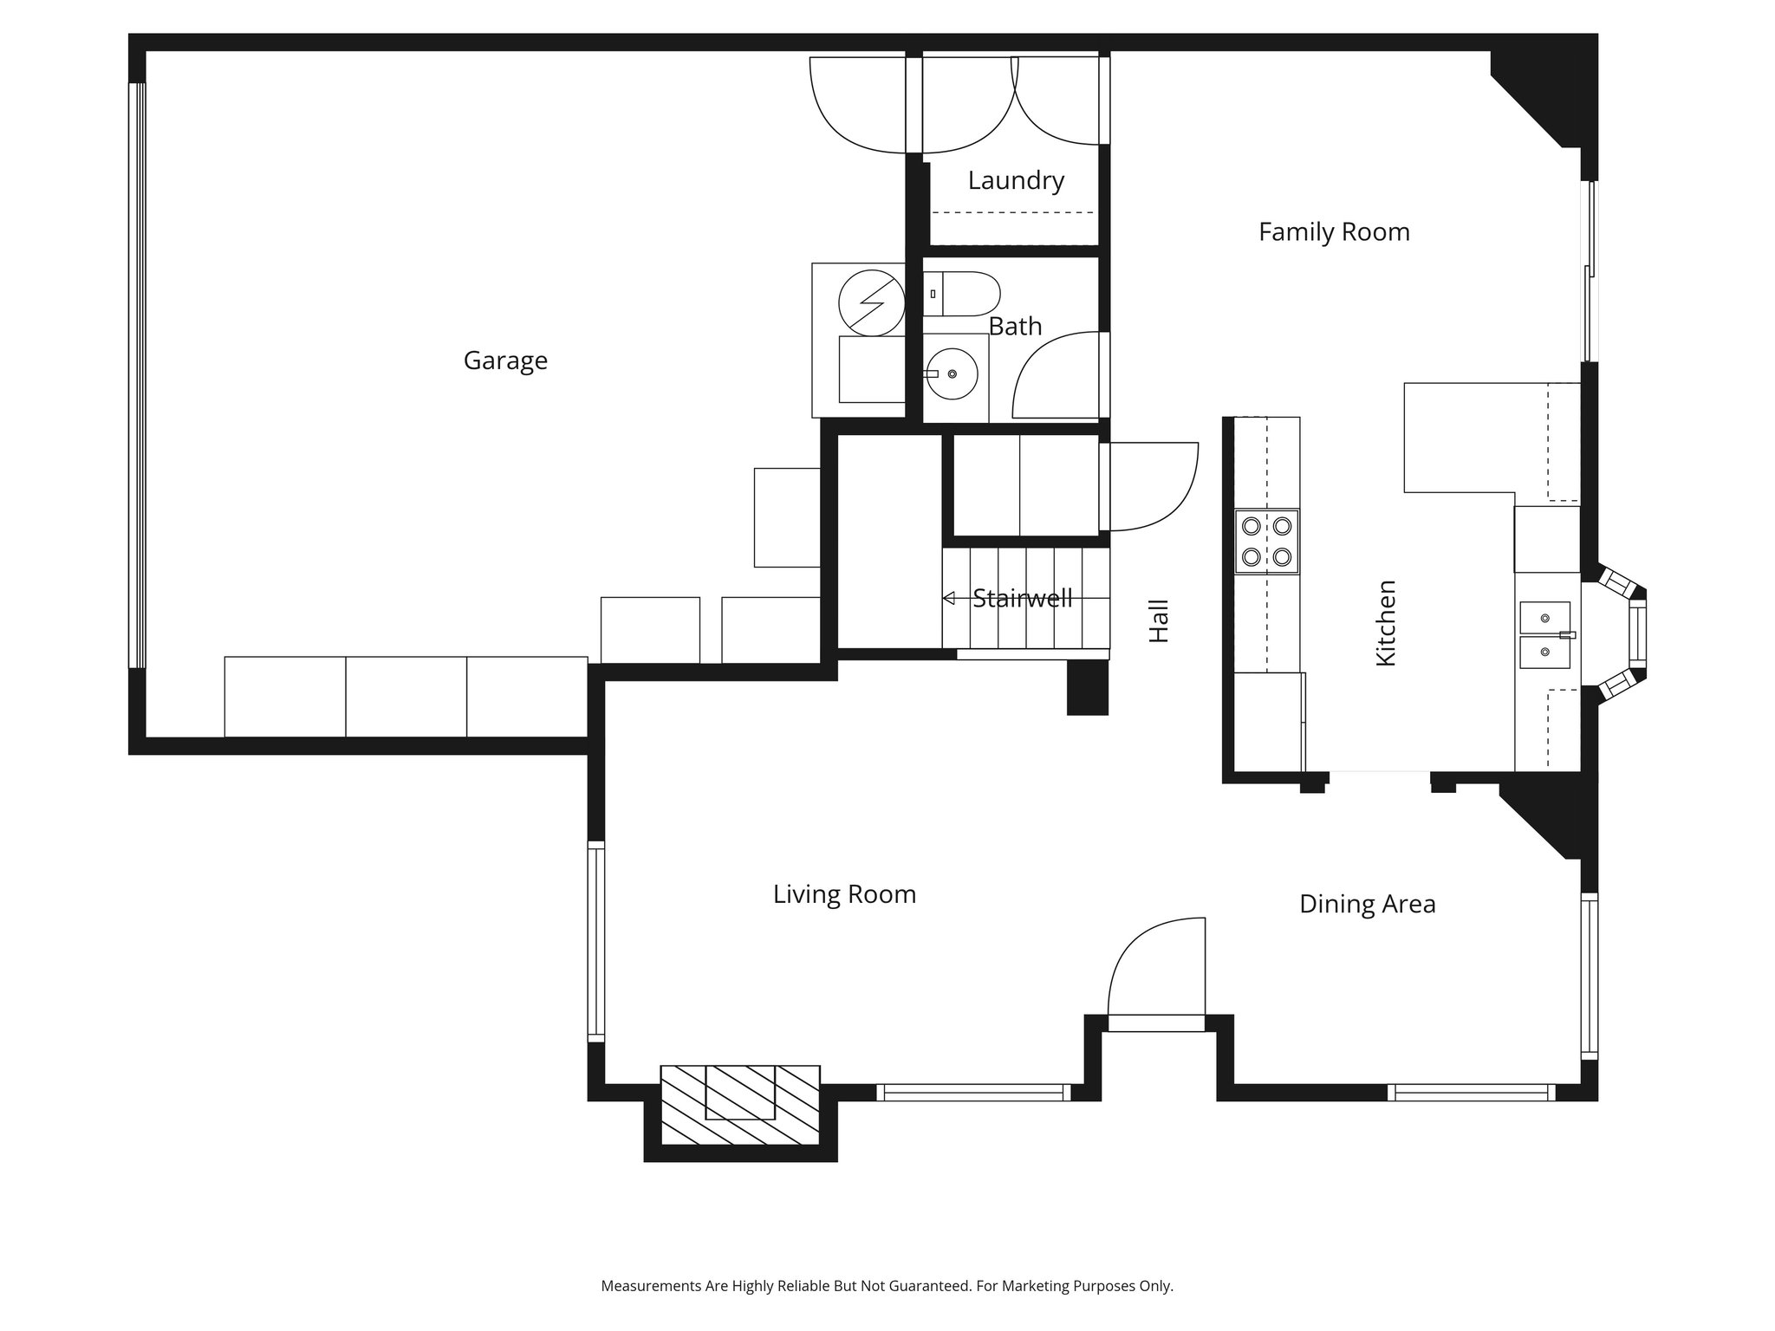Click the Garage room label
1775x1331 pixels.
click(x=505, y=360)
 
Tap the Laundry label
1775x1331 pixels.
click(x=1016, y=180)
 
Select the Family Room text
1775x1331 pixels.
click(x=1334, y=232)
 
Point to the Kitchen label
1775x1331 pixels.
click(x=1386, y=623)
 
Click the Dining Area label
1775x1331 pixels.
click(x=1367, y=905)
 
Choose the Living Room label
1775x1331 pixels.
click(x=844, y=894)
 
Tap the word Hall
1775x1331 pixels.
click(x=1159, y=620)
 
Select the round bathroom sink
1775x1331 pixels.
click(x=953, y=374)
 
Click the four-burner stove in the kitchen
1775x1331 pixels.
click(x=1267, y=541)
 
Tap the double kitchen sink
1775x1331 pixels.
click(x=1544, y=635)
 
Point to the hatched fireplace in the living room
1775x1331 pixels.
click(x=740, y=1104)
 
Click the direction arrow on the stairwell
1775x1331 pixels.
click(x=948, y=598)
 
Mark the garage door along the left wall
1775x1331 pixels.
click(x=137, y=375)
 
